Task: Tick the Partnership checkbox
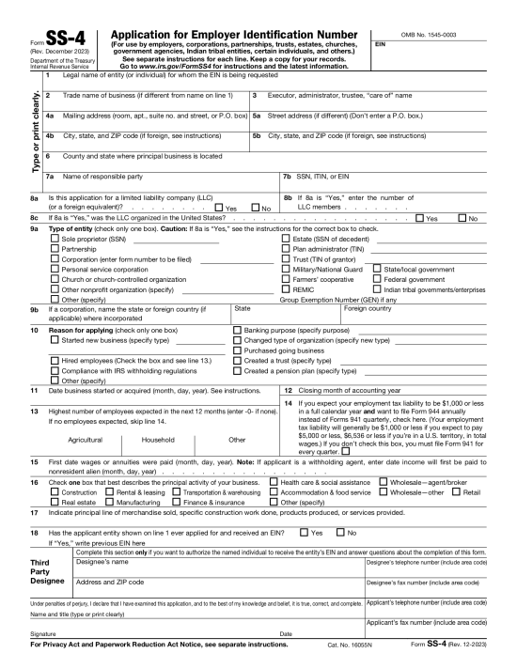(53, 250)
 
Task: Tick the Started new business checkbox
(53, 339)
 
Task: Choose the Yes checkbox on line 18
(303, 533)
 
